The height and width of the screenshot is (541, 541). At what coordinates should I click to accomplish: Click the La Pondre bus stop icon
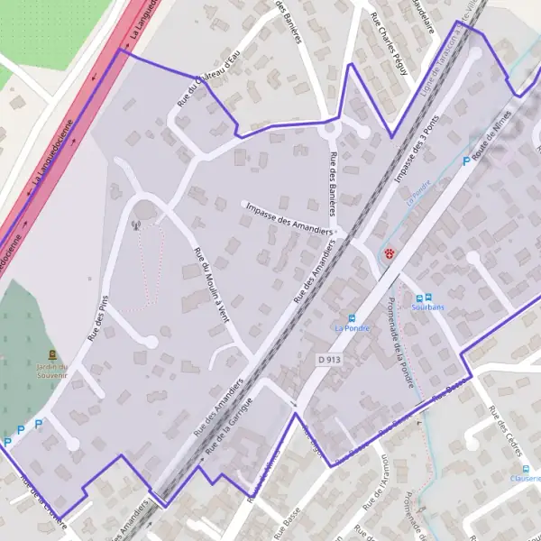[352, 317]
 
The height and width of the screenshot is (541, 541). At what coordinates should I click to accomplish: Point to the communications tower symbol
[137, 226]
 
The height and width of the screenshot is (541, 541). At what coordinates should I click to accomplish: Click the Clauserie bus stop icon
[526, 468]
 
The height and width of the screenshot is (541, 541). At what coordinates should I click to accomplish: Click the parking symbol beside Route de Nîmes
[466, 161]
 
